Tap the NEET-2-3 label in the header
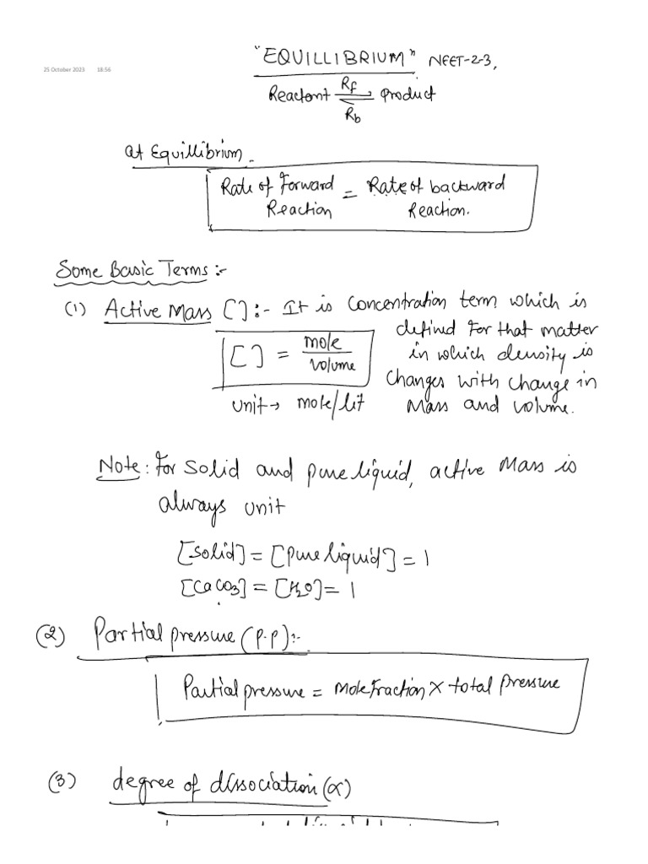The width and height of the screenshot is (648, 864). point(459,61)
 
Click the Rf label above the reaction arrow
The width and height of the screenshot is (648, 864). point(349,83)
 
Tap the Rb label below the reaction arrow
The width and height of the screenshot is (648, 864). point(353,117)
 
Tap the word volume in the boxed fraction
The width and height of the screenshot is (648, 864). point(333,365)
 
